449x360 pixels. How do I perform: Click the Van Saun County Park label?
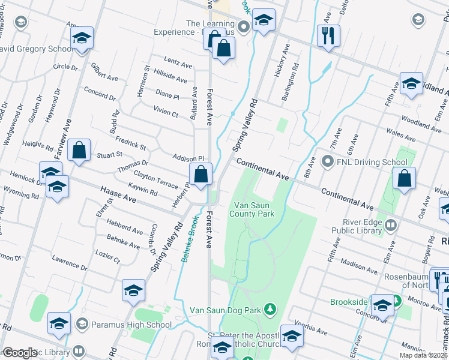(x=254, y=209)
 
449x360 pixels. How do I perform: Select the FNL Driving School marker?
(x=328, y=161)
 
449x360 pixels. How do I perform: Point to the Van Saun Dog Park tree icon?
(x=271, y=309)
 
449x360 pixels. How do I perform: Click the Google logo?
(x=19, y=353)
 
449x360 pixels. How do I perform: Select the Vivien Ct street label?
(x=166, y=112)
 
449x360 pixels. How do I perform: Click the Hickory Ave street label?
(x=278, y=67)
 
